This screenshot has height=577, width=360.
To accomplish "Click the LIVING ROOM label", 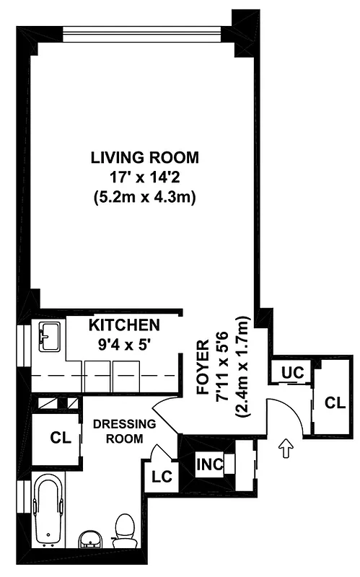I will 144,157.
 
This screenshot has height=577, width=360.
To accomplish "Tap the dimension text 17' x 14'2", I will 144,176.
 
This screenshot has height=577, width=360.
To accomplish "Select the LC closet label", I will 160,477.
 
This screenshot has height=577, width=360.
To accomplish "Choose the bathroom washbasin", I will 89,537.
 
